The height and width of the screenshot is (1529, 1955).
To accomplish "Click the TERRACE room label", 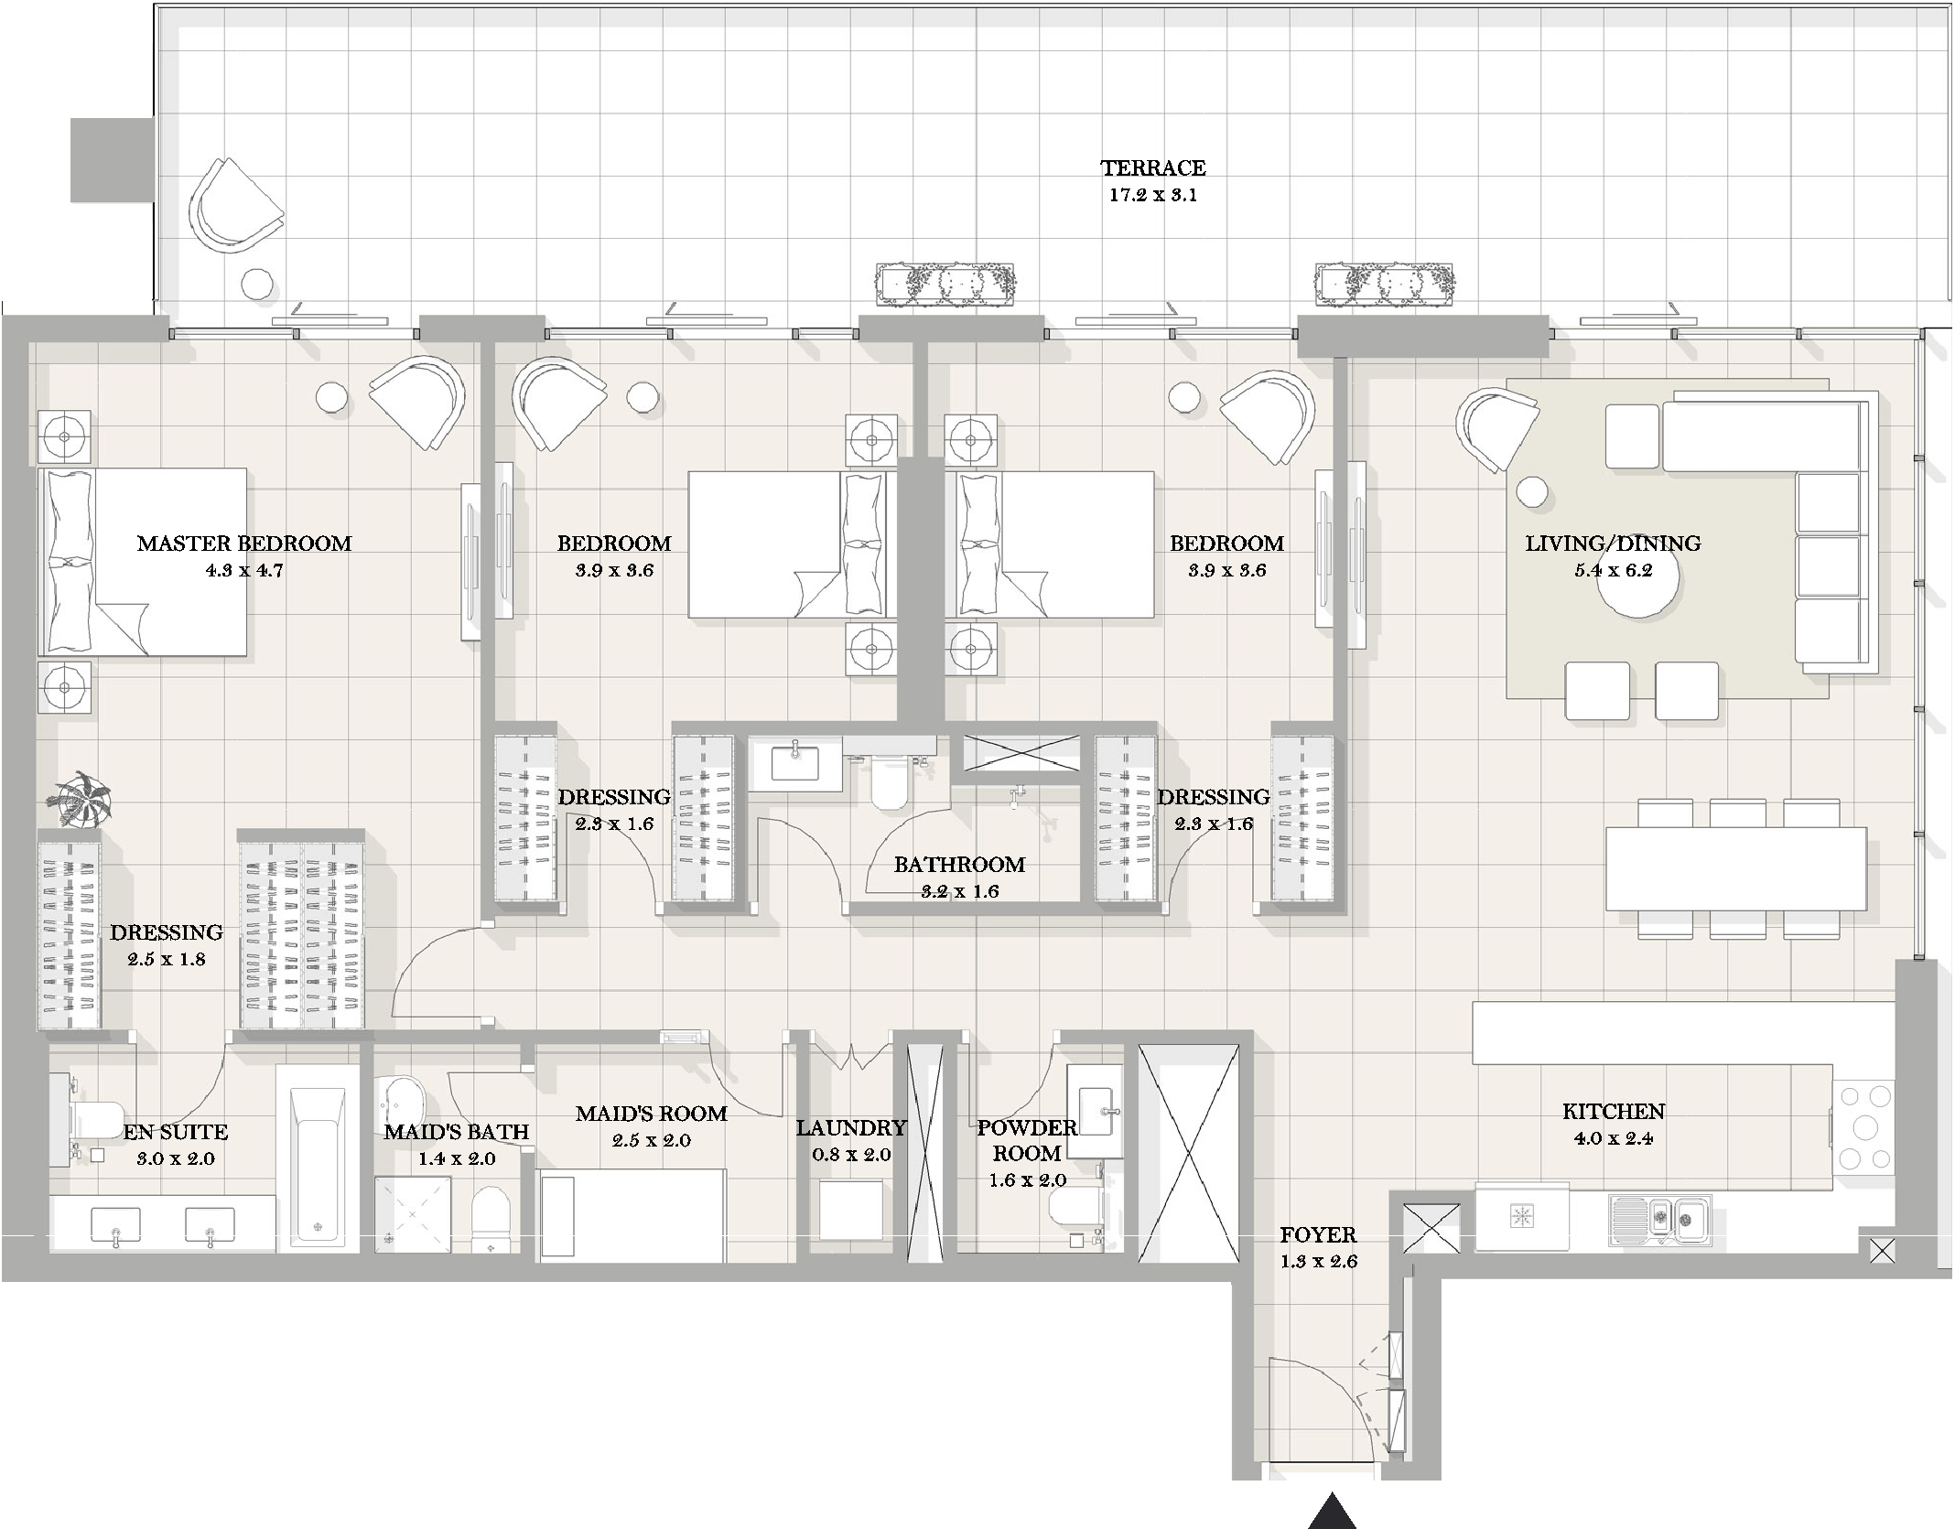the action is coord(1152,167).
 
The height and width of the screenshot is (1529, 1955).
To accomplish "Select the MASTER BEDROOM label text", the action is coord(244,544).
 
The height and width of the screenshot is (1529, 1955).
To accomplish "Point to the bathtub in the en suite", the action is coord(319,1157).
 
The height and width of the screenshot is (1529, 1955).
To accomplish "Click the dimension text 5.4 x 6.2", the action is coord(1613,571).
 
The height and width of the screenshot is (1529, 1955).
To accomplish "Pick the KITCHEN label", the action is coord(1614,1112).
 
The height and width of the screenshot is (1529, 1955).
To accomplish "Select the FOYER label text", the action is coord(1318,1235).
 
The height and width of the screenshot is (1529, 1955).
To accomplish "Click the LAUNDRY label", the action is coord(851,1128).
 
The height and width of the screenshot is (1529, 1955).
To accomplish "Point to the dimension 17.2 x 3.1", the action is coord(1153,195).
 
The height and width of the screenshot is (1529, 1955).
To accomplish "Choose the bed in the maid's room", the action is coord(632,1215).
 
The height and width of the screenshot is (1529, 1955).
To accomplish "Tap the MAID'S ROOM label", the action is coord(652,1114).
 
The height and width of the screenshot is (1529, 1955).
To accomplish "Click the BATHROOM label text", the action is coord(959,865).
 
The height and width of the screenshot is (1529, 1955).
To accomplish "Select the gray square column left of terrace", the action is coord(112,159).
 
